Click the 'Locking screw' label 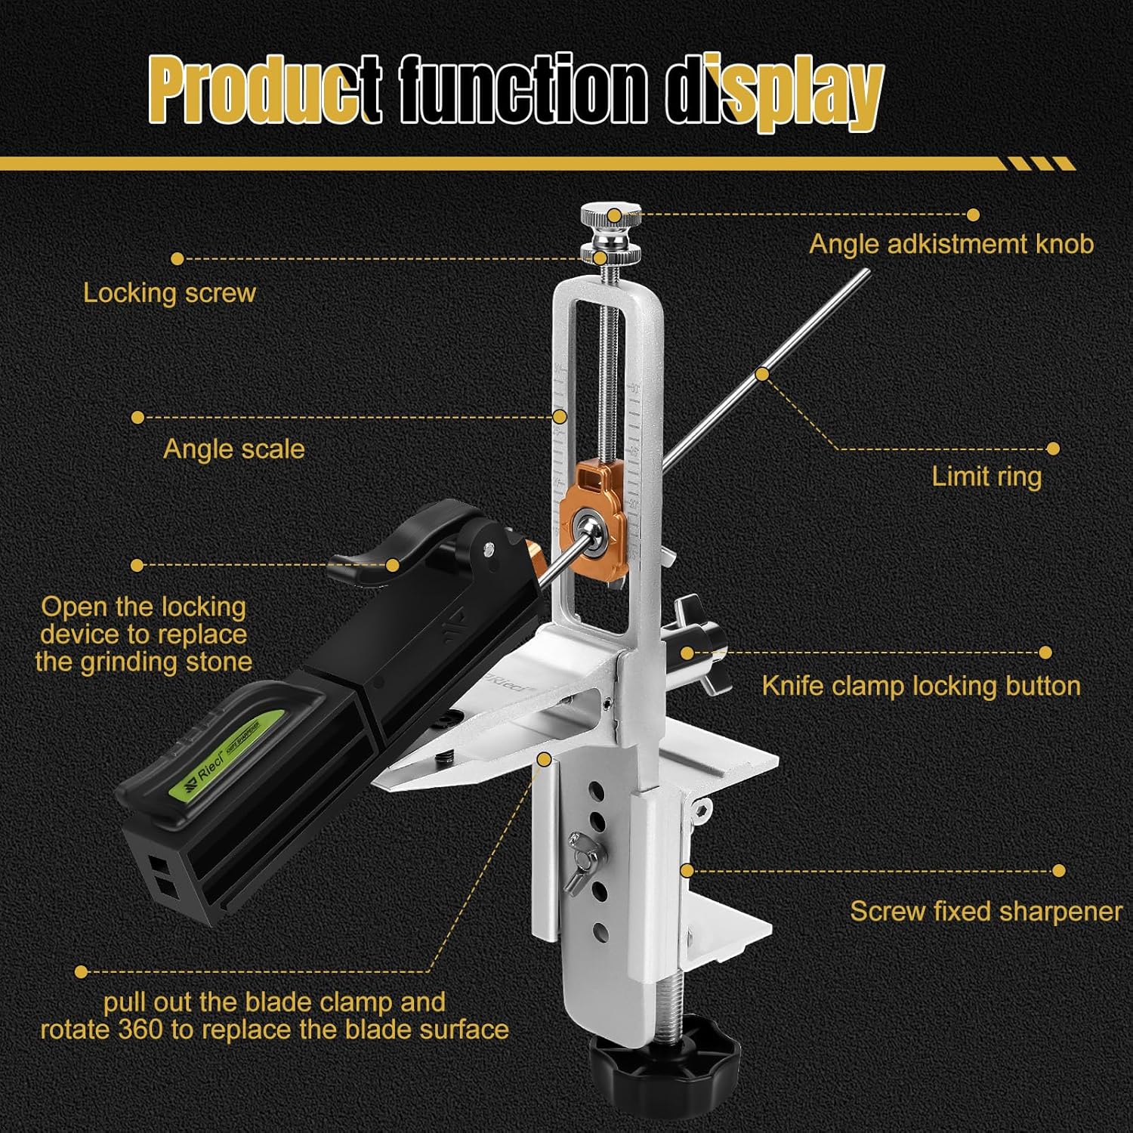point(170,293)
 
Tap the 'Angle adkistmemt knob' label point(952,244)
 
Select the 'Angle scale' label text point(234,449)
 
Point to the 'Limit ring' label point(986,477)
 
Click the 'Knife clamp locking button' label point(921,686)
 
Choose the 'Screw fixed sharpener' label point(986,911)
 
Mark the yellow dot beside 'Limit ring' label point(1054,449)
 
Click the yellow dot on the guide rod point(763,374)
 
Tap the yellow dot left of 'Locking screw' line point(178,259)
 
